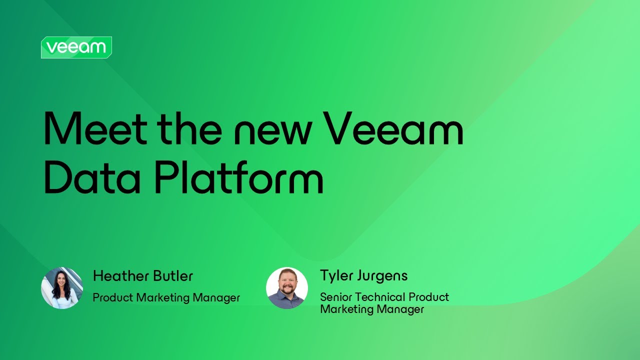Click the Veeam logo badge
76,47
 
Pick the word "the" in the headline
189,129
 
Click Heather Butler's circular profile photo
62,288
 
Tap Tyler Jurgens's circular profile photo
287,288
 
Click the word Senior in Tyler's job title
335,297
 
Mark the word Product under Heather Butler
113,298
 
